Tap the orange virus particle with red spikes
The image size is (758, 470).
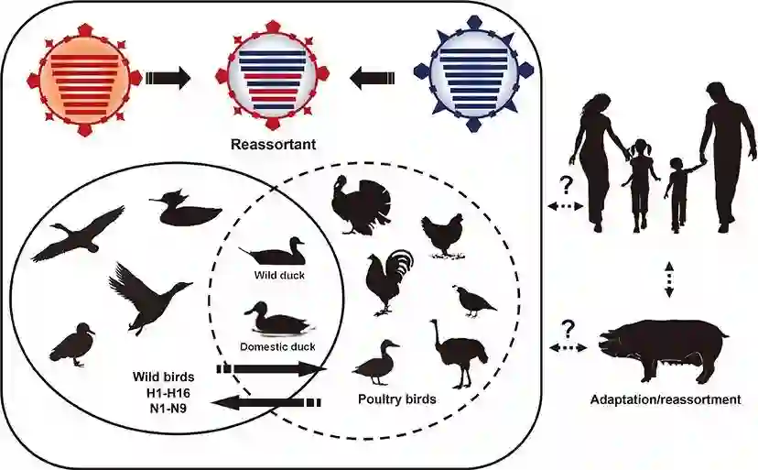click(x=83, y=79)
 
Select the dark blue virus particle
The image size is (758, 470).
click(x=471, y=79)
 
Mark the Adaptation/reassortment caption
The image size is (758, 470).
click(x=666, y=399)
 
